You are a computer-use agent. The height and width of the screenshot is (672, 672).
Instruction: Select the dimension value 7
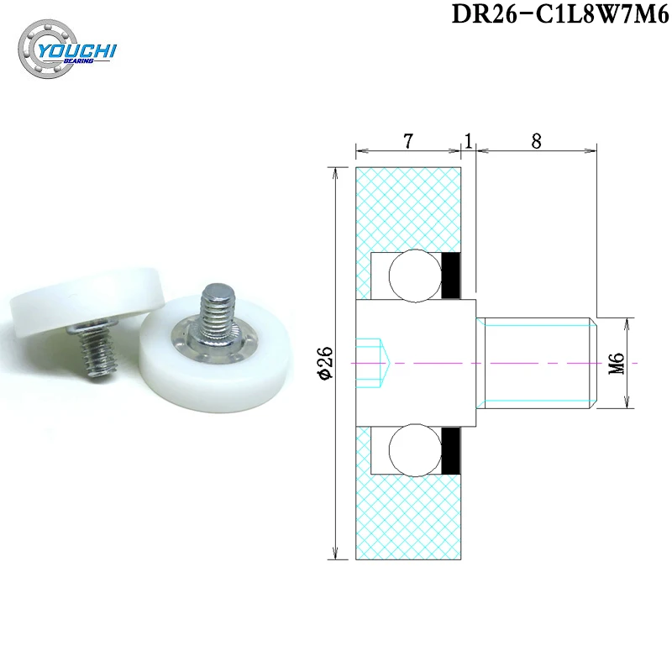407,141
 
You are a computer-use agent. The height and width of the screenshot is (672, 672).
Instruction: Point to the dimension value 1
468,141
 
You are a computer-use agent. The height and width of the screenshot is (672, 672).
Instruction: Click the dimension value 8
535,141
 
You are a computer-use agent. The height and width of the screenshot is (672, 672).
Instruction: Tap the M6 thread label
617,363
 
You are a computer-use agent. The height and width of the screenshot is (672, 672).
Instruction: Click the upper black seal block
452,275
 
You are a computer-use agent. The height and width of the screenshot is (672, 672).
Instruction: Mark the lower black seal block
452,449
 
